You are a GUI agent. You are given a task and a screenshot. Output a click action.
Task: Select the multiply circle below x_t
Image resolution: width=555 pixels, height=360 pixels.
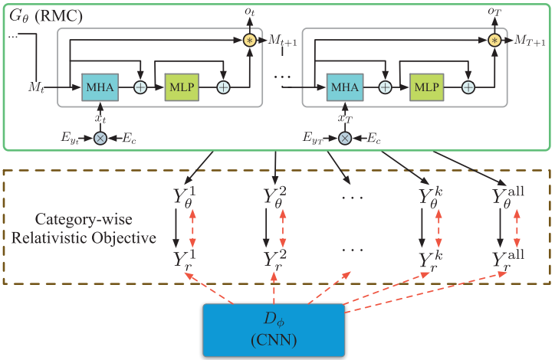[100, 138]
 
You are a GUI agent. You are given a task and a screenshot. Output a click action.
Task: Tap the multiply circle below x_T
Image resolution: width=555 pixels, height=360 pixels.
[346, 138]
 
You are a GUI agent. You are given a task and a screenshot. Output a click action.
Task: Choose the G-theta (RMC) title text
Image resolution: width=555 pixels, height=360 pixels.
[40, 14]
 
